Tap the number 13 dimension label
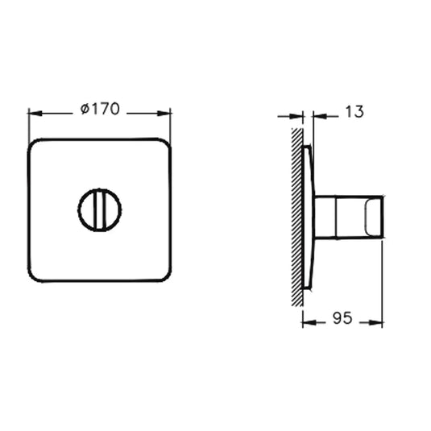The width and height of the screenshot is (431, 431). tap(352, 112)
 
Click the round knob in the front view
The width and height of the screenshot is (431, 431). tap(99, 209)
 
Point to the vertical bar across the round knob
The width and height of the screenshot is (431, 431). tap(99, 209)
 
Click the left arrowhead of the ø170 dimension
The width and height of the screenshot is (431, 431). tap(33, 114)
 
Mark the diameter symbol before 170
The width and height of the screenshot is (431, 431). tap(85, 110)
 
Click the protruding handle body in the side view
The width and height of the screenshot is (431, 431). tap(338, 218)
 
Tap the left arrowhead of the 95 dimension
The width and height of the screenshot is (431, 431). tap(306, 321)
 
